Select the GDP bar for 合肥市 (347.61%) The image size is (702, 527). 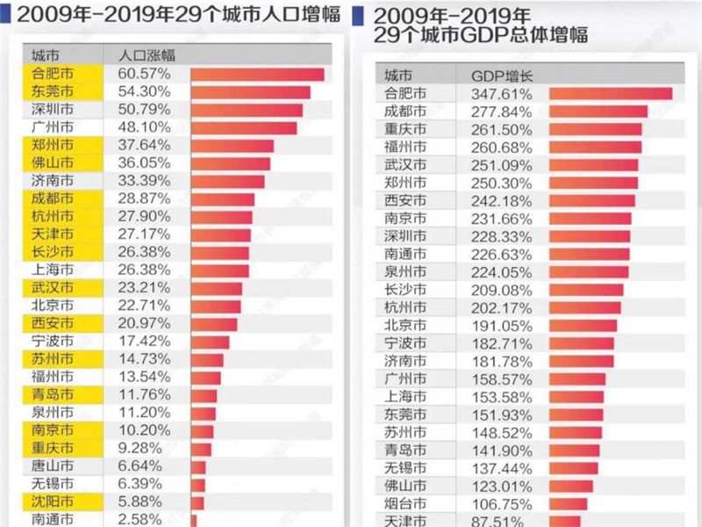611,93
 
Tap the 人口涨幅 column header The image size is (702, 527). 147,54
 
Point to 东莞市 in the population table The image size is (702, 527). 53,91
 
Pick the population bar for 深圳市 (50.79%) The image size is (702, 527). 247,110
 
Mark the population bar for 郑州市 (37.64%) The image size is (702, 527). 232,145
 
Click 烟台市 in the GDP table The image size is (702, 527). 406,503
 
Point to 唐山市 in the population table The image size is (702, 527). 53,466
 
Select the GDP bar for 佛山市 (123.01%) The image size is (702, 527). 571,485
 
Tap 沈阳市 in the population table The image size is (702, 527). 53,502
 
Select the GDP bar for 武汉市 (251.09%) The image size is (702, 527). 594,165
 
